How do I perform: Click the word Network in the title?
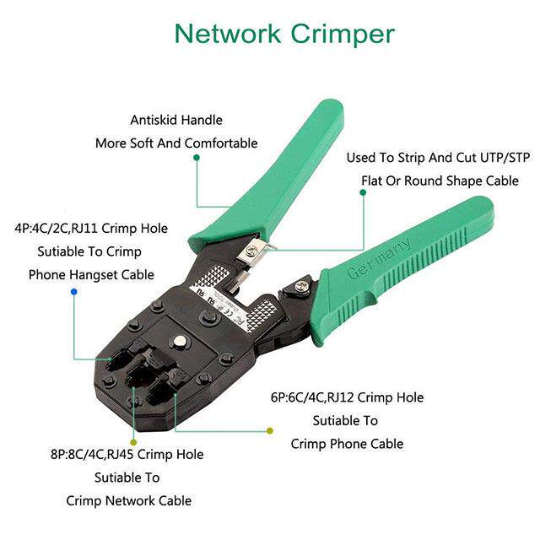[228, 34]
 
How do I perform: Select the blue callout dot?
[73, 292]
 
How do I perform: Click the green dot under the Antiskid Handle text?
[197, 158]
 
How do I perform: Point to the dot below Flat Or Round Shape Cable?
[363, 192]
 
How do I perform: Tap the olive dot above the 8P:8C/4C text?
[133, 442]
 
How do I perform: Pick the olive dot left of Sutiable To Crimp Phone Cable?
[270, 430]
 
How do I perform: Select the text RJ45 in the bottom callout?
[121, 455]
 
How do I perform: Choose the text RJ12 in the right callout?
[340, 397]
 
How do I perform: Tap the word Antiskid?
[154, 120]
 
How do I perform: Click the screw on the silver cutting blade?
[254, 248]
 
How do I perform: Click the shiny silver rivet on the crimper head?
[180, 343]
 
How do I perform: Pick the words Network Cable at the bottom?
[148, 500]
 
